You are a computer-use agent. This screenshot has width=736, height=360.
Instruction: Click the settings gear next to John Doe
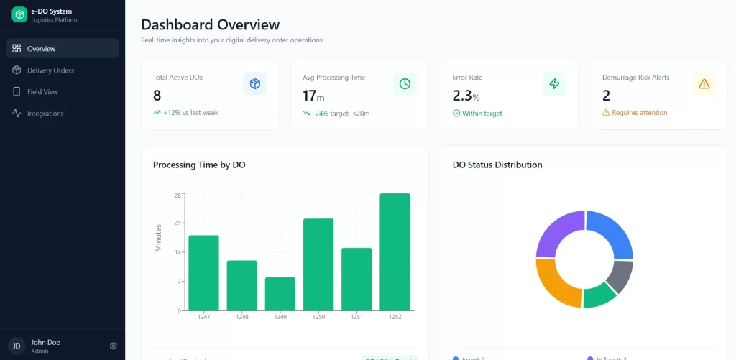tap(114, 346)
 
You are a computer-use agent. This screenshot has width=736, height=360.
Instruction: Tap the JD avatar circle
tap(16, 346)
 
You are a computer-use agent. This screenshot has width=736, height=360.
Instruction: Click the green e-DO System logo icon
tap(19, 14)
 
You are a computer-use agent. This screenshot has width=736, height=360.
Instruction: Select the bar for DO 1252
tap(395, 251)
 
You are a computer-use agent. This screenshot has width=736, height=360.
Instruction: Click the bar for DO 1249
tap(280, 293)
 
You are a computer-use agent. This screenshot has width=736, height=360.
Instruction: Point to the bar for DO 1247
tap(203, 272)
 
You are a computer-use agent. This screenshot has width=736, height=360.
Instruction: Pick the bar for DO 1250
tap(318, 264)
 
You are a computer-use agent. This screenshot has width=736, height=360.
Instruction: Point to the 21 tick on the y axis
tap(177, 223)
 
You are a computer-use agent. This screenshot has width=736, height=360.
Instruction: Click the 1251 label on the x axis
tap(356, 317)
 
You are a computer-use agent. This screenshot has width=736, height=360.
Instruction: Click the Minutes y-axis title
tap(159, 238)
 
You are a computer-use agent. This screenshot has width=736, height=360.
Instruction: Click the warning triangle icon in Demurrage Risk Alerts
tap(704, 84)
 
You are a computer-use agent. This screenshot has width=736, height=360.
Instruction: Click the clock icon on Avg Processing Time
tap(405, 84)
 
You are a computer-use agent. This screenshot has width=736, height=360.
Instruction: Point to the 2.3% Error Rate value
tap(466, 96)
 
